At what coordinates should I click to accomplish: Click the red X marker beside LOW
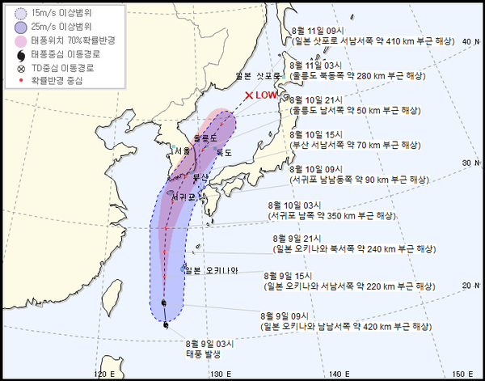pyautogui.click(x=248, y=95)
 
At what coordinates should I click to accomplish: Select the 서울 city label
pyautogui.click(x=183, y=150)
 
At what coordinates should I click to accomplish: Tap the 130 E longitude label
pyautogui.click(x=218, y=373)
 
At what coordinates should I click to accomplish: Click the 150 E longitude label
pyautogui.click(x=459, y=373)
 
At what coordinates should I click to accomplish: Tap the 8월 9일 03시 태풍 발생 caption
pyautogui.click(x=208, y=349)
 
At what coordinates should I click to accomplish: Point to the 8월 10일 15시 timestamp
pyautogui.click(x=317, y=133)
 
